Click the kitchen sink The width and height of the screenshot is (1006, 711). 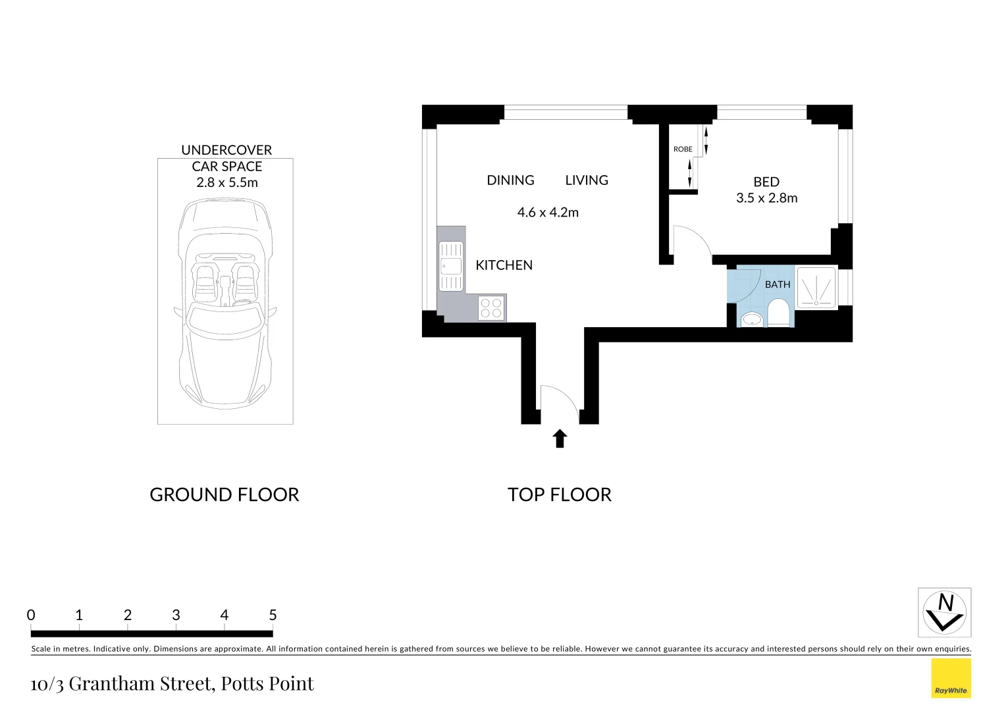point(451,266)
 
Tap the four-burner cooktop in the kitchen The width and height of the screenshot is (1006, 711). point(491,308)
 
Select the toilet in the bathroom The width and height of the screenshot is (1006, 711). point(778,313)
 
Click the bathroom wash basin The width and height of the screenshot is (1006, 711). point(751,320)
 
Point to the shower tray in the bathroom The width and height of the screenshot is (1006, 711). point(816,287)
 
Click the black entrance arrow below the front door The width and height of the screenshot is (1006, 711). point(560,438)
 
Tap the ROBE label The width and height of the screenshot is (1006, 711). point(683,149)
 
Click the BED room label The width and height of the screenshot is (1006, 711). point(766,182)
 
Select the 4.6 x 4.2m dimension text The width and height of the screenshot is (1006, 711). point(548,213)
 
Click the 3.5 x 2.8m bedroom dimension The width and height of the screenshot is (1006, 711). point(766,198)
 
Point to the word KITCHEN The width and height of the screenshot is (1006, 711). point(504,265)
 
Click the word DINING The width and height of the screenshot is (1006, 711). point(510,180)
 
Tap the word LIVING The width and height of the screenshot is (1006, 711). point(587,180)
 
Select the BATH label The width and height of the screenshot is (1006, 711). point(777,284)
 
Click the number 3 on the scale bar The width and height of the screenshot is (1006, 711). point(176,615)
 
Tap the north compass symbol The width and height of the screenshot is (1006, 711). point(944,612)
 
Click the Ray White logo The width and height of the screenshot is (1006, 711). point(951,678)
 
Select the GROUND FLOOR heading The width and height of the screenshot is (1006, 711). point(224,494)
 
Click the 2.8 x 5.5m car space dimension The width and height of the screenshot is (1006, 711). point(226,183)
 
